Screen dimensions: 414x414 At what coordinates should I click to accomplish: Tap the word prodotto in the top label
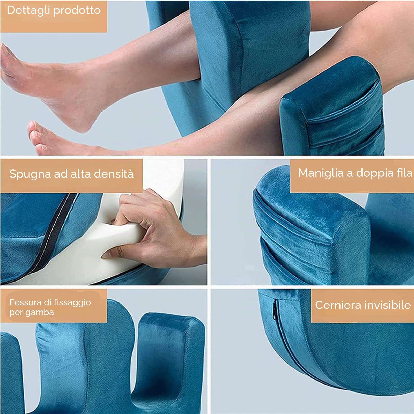[x=77, y=11]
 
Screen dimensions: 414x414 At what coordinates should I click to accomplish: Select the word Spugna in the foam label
[x=30, y=174]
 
